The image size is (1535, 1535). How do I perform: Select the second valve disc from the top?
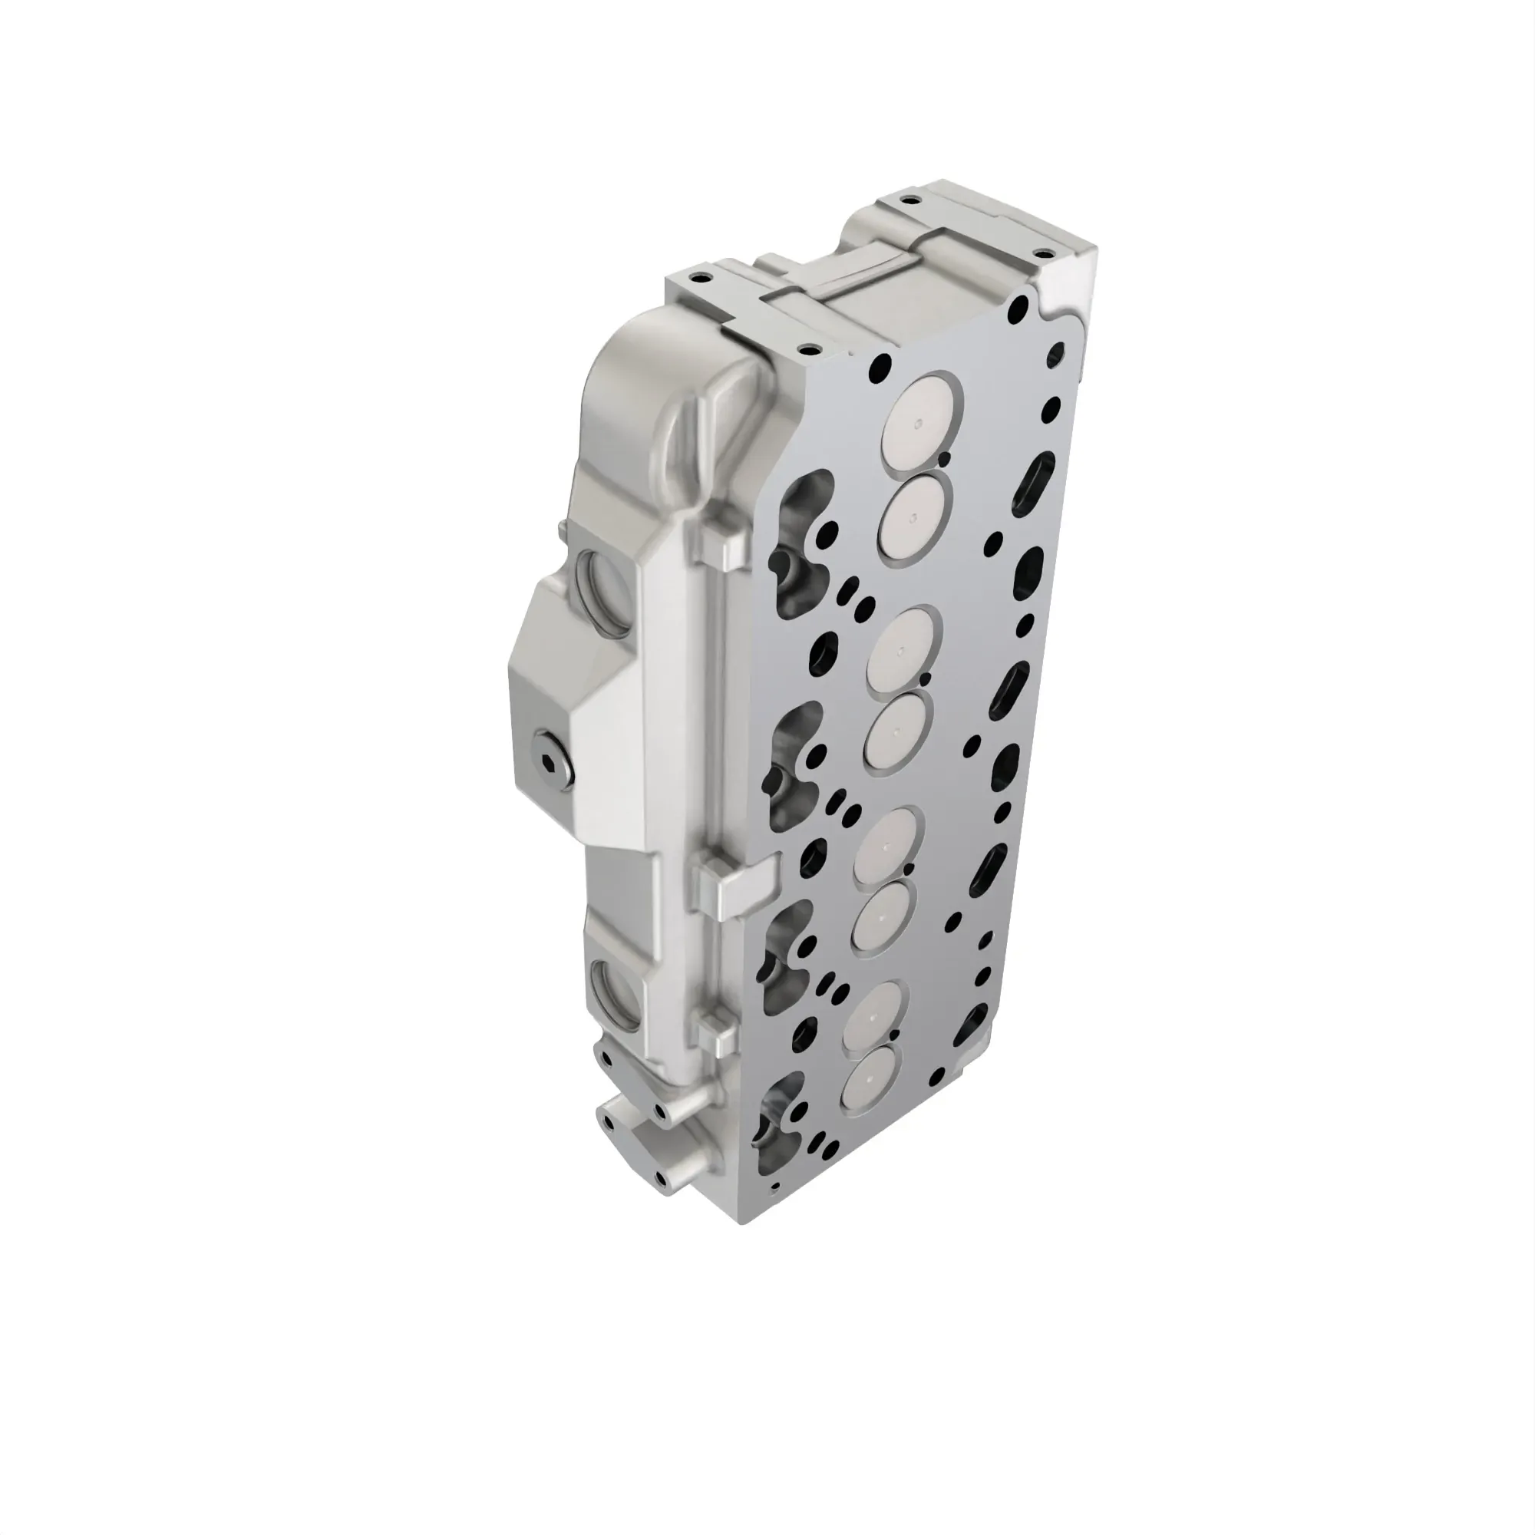(x=915, y=514)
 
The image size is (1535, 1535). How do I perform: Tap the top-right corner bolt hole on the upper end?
(x=1041, y=254)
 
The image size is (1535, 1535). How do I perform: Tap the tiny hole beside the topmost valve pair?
(x=942, y=458)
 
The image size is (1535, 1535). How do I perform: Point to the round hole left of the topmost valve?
(x=880, y=367)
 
